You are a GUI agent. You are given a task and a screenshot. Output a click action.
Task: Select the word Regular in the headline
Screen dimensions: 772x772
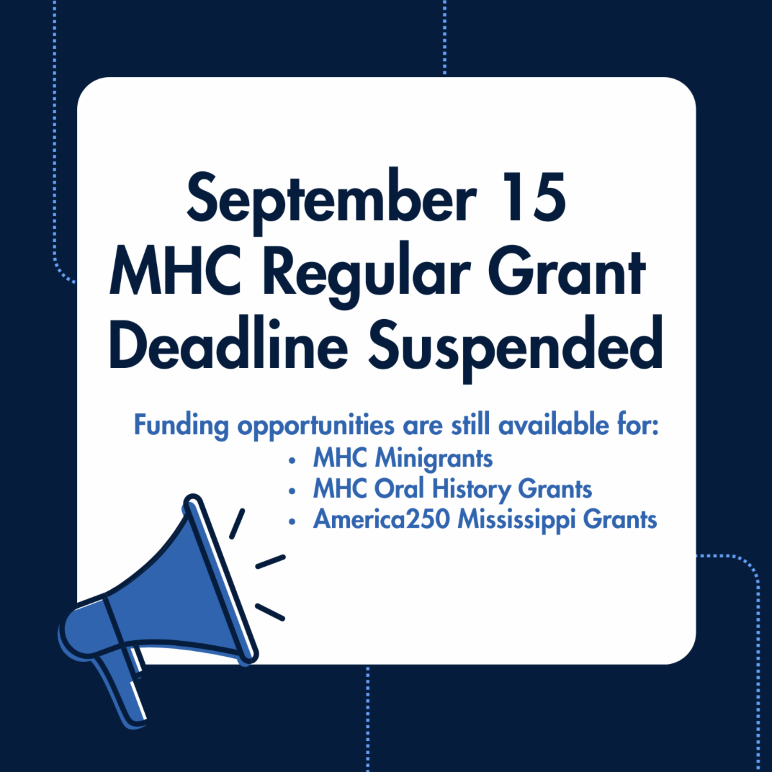[366, 275]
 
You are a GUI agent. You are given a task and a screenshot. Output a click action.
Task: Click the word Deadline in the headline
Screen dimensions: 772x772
[228, 344]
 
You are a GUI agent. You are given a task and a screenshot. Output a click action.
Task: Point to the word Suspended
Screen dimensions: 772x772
[515, 349]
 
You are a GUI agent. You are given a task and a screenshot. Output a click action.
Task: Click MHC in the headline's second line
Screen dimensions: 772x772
[176, 272]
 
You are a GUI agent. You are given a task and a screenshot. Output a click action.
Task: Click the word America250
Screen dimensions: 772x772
[381, 519]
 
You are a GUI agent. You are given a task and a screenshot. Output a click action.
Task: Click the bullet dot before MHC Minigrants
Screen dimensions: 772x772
[292, 461]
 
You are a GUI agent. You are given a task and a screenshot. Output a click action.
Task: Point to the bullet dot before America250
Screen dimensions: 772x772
[292, 522]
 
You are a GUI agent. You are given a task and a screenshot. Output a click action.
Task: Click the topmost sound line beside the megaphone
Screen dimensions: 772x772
[237, 524]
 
